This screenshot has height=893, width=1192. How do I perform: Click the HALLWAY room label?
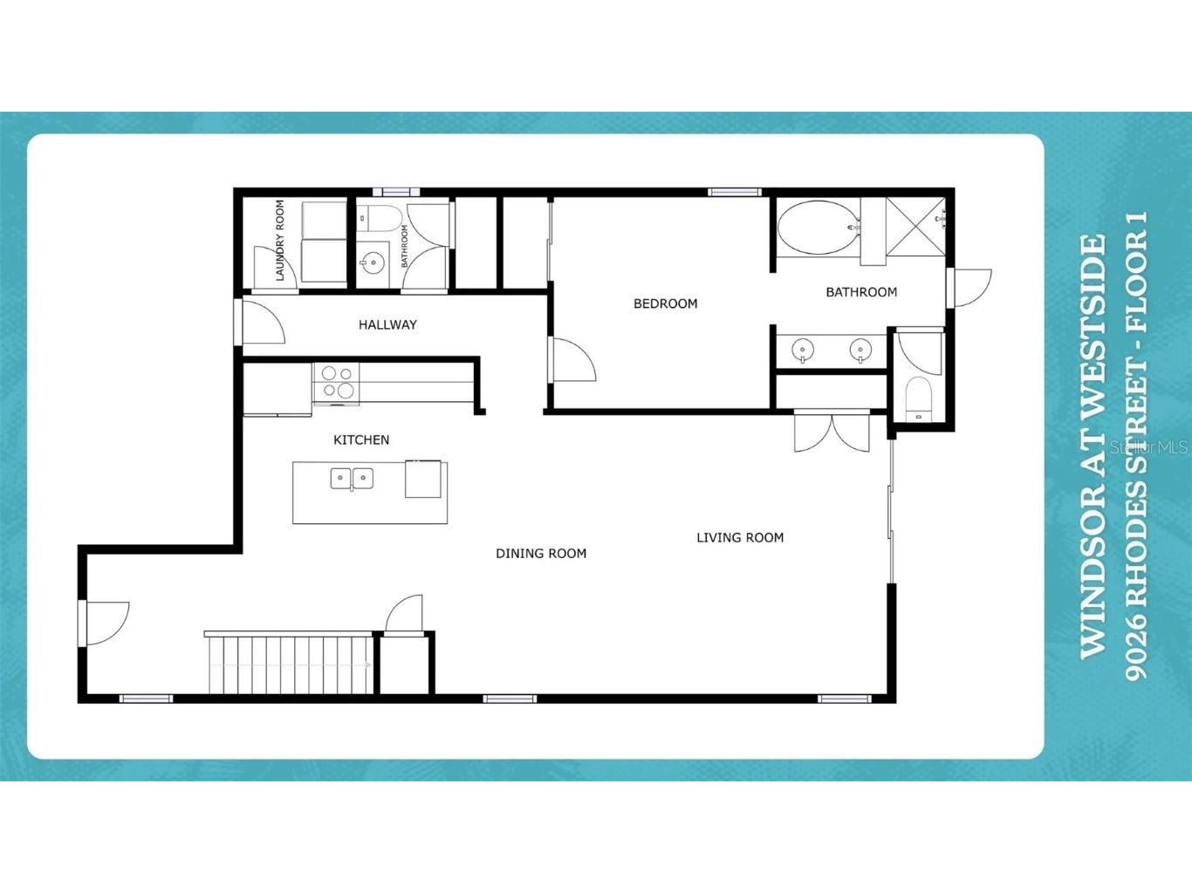pos(387,324)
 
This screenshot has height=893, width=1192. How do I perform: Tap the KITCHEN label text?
pos(361,440)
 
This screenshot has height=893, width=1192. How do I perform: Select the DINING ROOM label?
pos(541,554)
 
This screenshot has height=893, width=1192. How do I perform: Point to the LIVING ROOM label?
pos(740,538)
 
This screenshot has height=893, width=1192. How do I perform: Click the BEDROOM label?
pos(665,303)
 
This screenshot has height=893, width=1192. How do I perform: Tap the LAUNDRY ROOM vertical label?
pos(279,241)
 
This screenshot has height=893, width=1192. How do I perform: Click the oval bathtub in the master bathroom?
pos(819,228)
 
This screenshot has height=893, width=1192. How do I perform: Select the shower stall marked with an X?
pos(915,226)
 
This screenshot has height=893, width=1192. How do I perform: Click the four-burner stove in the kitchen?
pos(337,383)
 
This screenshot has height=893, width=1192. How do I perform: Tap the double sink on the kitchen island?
pos(352,479)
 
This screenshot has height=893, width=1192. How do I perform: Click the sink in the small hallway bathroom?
pos(373,263)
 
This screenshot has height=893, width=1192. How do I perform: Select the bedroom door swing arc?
pos(573,359)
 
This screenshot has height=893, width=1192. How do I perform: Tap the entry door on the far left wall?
pos(105,624)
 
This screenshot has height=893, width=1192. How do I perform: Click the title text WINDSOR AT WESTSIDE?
pos(1093,446)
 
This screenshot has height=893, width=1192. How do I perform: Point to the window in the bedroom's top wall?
pos(735,192)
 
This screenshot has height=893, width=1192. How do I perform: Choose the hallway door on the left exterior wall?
pos(261,323)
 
